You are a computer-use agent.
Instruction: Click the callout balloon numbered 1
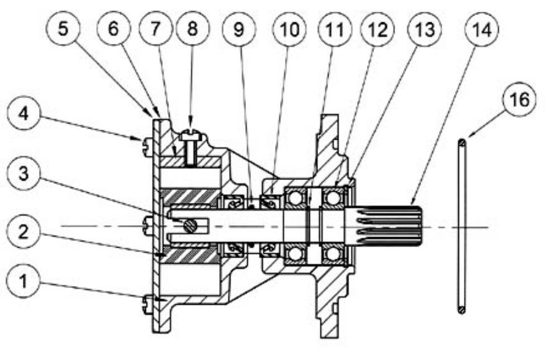point(23,281)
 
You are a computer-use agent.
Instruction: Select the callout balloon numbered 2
point(23,232)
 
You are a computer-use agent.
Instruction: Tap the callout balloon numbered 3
point(23,174)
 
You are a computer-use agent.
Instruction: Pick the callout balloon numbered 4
point(23,113)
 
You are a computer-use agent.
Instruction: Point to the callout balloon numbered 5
point(63,28)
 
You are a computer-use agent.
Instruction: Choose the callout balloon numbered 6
point(113,28)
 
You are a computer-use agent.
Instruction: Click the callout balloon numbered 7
point(155,28)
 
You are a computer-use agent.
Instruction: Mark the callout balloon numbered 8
point(193,28)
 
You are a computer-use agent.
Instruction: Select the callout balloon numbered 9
point(239,29)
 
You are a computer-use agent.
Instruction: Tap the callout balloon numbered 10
point(290,29)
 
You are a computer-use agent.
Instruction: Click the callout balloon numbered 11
point(335,29)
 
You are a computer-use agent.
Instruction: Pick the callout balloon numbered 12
point(377,29)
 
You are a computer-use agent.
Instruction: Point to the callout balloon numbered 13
point(425,29)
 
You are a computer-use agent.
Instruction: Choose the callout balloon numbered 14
point(482,29)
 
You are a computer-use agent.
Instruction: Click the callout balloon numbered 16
point(519,99)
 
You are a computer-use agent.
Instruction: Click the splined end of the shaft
point(385,227)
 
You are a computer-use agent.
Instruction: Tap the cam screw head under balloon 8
point(192,136)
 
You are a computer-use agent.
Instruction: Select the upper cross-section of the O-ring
point(462,143)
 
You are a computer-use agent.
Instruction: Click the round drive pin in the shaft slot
point(190,226)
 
